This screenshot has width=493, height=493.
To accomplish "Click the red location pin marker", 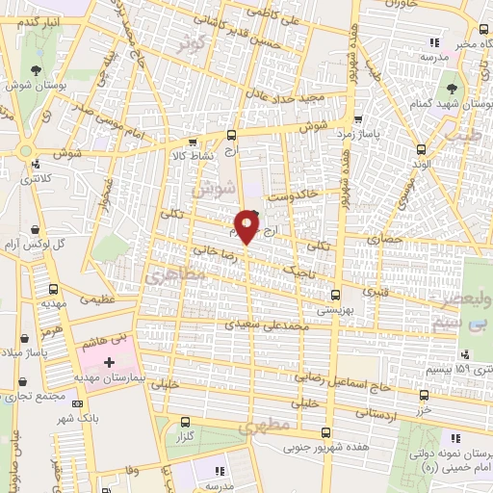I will pyautogui.click(x=247, y=226).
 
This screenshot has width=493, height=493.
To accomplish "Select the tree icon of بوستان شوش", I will pyautogui.click(x=37, y=70).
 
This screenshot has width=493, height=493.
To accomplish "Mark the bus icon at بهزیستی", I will pyautogui.click(x=335, y=294).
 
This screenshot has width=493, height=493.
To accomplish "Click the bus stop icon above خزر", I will pyautogui.click(x=424, y=395).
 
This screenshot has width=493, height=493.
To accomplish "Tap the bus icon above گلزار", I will pyautogui.click(x=185, y=422).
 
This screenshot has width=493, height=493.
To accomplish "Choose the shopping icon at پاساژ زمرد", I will pyautogui.click(x=358, y=121).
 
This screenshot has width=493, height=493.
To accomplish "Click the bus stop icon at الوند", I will pyautogui.click(x=421, y=148).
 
